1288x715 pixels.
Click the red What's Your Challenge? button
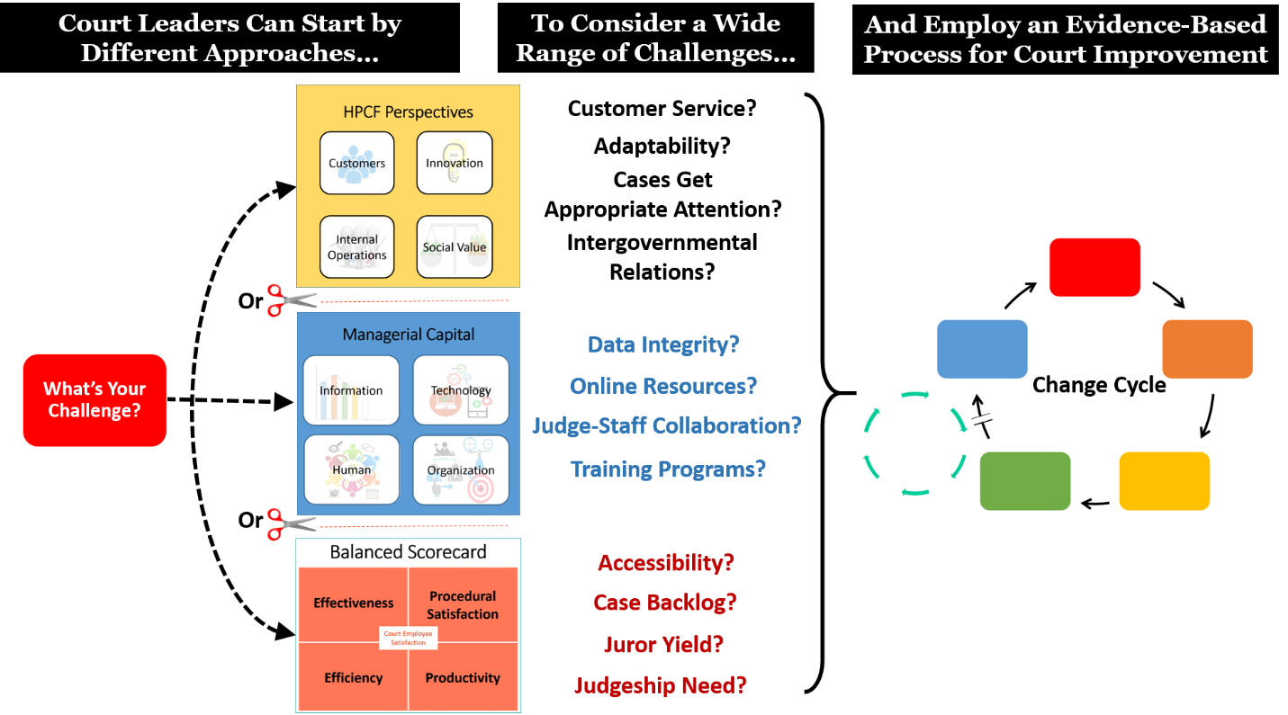click(95, 399)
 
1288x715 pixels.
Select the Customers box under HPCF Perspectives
click(356, 163)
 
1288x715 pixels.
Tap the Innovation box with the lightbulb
click(455, 163)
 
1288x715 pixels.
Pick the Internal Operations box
click(356, 246)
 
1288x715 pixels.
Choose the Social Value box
click(455, 246)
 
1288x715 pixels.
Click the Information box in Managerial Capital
click(351, 390)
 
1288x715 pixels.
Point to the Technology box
click(461, 390)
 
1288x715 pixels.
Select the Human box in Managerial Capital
click(351, 469)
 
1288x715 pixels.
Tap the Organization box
click(461, 469)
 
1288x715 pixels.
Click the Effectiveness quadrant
click(353, 603)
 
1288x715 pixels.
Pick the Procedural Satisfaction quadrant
click(463, 604)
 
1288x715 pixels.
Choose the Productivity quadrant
click(463, 678)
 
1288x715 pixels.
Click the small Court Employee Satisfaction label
click(408, 638)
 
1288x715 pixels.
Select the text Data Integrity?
click(663, 344)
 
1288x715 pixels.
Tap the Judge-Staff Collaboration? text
click(666, 425)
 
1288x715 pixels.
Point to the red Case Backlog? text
click(665, 602)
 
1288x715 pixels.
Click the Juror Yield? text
click(663, 644)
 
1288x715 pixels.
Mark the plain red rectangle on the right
click(1094, 267)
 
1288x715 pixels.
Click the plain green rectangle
click(1025, 481)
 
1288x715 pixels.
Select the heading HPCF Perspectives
click(408, 112)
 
